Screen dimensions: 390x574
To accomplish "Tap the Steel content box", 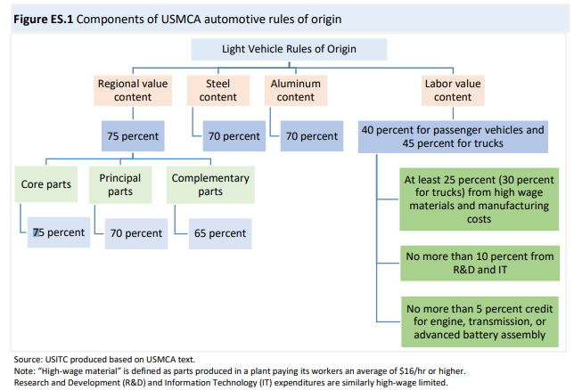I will click(218, 90).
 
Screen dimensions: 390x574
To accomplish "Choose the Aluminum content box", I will click(295, 90).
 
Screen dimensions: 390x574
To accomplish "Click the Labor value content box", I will click(453, 90).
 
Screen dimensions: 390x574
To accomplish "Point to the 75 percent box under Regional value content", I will click(135, 136).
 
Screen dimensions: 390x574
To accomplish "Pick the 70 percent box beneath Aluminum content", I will click(310, 136).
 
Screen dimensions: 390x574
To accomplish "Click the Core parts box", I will click(46, 184).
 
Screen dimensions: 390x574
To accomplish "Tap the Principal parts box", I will click(120, 184).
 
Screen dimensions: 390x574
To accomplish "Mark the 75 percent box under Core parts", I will click(58, 232).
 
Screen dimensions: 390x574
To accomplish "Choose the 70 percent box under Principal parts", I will click(134, 233).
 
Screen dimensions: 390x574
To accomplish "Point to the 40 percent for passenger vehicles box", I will click(452, 136).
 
